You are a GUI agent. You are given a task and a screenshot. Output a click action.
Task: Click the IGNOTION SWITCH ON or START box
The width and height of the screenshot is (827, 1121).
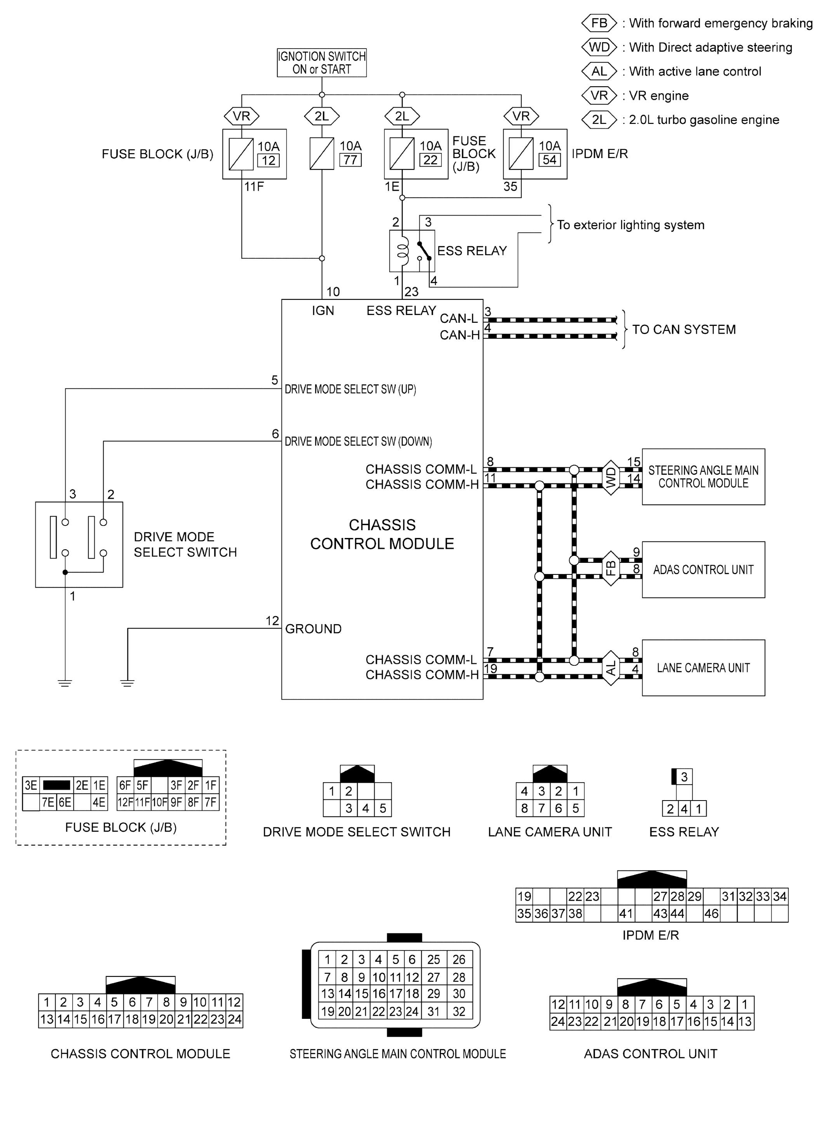tap(322, 63)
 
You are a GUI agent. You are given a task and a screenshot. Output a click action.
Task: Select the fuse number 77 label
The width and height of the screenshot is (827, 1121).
tap(351, 160)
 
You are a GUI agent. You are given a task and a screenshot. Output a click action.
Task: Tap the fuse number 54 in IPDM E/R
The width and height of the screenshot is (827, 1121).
tap(550, 160)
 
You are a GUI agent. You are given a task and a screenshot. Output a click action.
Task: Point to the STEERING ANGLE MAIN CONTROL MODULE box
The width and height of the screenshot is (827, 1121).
tap(704, 477)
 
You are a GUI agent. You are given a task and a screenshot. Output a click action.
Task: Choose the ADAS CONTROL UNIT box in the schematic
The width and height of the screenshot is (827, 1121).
tap(704, 570)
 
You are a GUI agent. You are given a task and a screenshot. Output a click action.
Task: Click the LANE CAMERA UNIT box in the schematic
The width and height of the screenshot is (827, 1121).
tap(704, 668)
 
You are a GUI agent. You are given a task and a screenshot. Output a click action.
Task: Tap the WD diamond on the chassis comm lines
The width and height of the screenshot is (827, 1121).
tap(611, 478)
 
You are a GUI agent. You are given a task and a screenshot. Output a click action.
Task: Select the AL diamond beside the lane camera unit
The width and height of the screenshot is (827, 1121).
tap(611, 668)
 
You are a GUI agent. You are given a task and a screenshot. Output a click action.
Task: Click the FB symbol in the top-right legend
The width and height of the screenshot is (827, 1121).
tap(599, 23)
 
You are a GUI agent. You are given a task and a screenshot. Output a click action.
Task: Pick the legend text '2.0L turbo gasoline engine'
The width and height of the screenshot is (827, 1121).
tap(704, 120)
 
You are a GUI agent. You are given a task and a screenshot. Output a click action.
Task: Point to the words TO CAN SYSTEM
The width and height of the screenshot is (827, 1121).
tap(684, 329)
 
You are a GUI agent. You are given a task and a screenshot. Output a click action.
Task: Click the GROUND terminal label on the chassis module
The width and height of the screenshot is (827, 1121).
tap(313, 629)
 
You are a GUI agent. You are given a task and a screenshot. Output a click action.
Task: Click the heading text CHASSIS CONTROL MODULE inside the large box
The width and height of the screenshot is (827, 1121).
tap(382, 534)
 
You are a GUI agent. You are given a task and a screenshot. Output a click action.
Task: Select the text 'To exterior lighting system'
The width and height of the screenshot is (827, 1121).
tap(631, 225)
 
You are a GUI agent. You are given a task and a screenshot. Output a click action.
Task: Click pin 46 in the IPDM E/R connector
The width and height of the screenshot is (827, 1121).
tap(711, 914)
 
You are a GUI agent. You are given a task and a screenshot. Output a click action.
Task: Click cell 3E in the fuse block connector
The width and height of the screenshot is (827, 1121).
tap(31, 785)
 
